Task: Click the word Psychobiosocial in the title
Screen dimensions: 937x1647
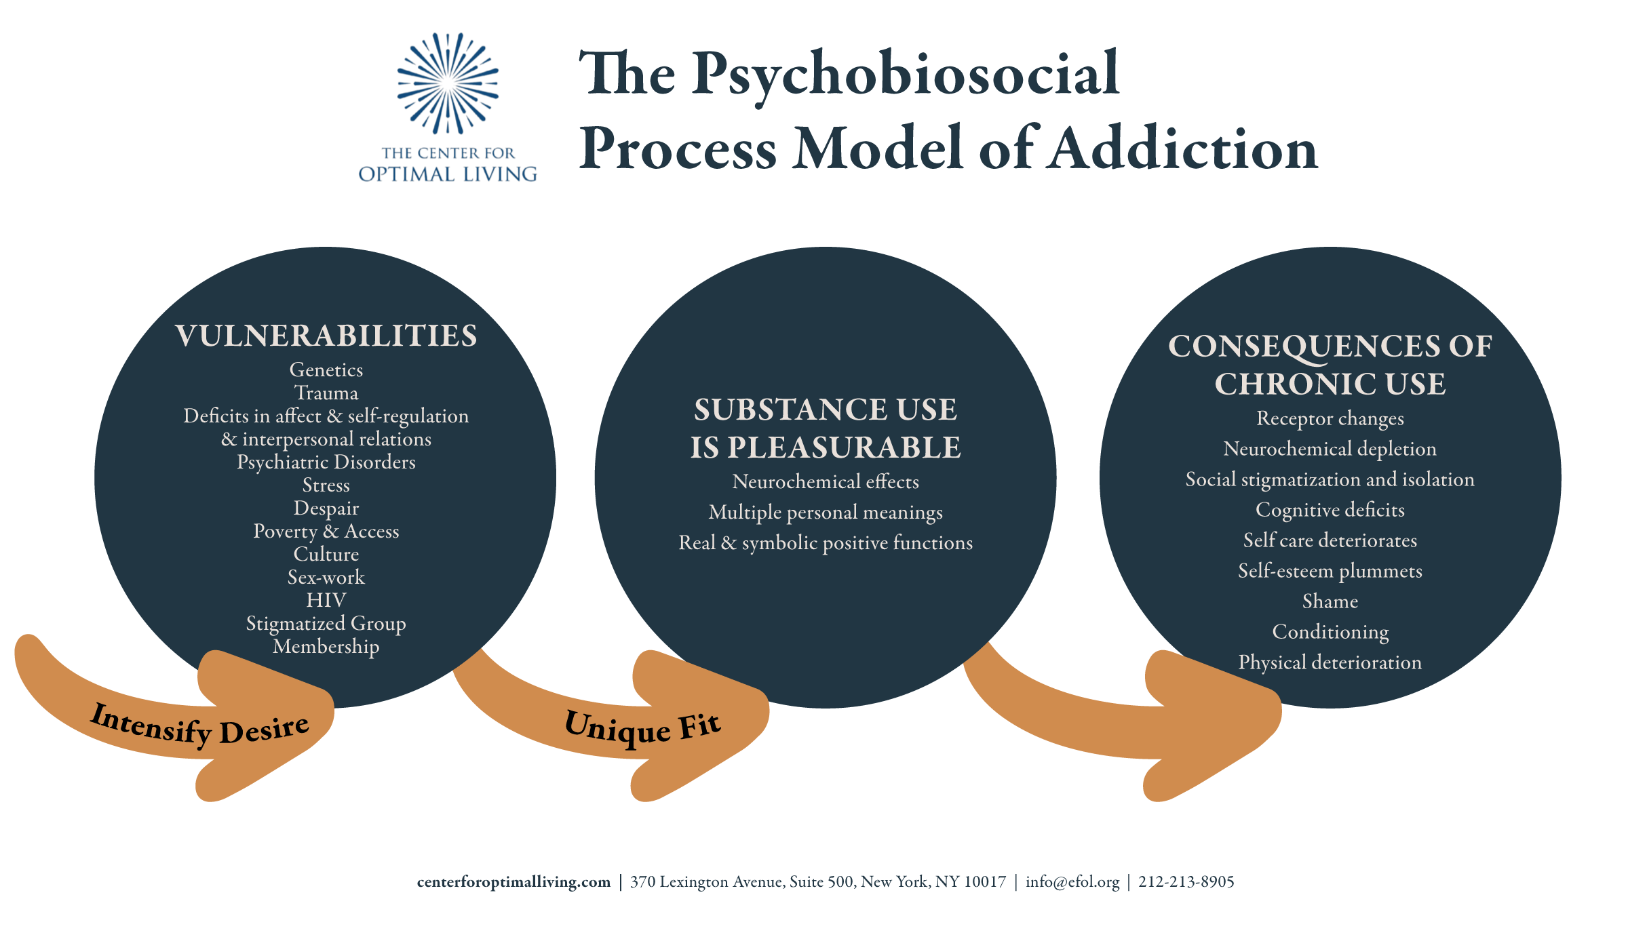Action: tap(906, 75)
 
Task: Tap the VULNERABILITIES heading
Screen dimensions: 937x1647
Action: tap(326, 336)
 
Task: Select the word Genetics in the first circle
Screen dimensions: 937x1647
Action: tap(326, 370)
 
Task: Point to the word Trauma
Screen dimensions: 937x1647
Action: tap(326, 393)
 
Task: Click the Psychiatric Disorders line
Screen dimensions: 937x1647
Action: tap(326, 462)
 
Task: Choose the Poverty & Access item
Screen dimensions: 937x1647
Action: tap(326, 532)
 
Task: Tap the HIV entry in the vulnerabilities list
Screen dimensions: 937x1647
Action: tap(326, 601)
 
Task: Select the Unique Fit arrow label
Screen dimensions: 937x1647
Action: tap(642, 727)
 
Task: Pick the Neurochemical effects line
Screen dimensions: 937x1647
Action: tap(826, 482)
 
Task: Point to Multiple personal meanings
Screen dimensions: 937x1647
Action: tap(826, 513)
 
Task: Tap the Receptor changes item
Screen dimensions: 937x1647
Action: tap(1330, 419)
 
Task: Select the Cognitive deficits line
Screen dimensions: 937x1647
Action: tap(1330, 510)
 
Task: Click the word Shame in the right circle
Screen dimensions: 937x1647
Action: tap(1330, 601)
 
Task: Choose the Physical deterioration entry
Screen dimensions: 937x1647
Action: tap(1330, 662)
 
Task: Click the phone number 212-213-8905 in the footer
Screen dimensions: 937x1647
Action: tap(1186, 882)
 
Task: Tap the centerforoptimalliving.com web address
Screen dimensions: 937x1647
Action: tap(514, 882)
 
